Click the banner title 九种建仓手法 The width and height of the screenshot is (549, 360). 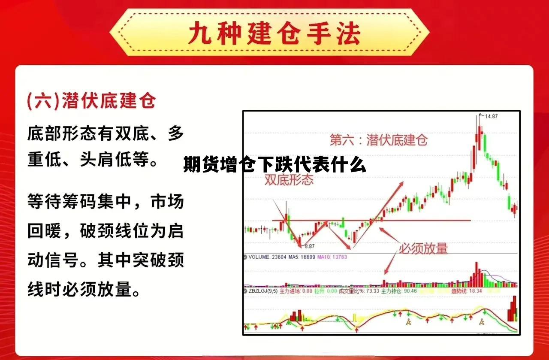(x=274, y=34)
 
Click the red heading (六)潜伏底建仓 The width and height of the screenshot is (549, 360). (x=91, y=101)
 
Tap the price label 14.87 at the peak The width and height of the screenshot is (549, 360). (x=492, y=116)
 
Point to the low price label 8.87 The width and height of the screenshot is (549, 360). (x=309, y=246)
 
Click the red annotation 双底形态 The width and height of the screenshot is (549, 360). (x=289, y=180)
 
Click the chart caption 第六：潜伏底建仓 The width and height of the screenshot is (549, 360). (x=379, y=140)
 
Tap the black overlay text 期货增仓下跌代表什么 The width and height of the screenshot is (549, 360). (x=274, y=165)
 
